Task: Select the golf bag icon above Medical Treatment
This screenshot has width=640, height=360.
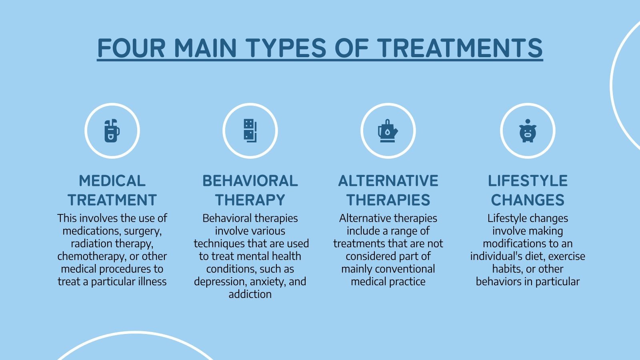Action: pyautogui.click(x=112, y=131)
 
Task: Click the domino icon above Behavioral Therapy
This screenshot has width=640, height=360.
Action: pyautogui.click(x=250, y=131)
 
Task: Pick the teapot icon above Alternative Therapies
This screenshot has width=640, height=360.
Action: pyautogui.click(x=388, y=131)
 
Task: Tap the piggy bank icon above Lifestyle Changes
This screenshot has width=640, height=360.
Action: pyautogui.click(x=528, y=131)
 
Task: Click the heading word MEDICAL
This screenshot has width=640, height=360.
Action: pyautogui.click(x=112, y=181)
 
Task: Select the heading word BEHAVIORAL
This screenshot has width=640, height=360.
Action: pyautogui.click(x=250, y=181)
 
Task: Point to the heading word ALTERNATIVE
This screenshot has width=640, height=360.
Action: pyautogui.click(x=388, y=181)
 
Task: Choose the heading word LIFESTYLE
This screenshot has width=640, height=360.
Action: pyautogui.click(x=528, y=181)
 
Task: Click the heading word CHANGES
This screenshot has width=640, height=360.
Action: pyautogui.click(x=528, y=200)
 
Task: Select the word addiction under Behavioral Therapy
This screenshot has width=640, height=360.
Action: pyautogui.click(x=250, y=294)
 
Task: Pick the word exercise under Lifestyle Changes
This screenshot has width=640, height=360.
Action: pyautogui.click(x=567, y=256)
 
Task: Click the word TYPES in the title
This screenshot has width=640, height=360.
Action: pyautogui.click(x=287, y=48)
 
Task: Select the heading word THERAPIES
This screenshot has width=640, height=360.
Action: pyautogui.click(x=388, y=200)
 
